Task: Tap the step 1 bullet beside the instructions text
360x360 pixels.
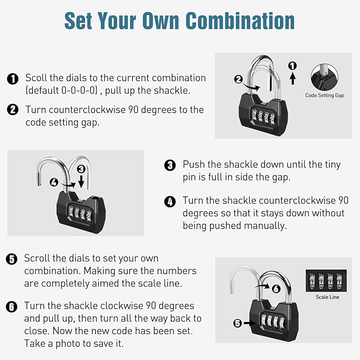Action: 13,78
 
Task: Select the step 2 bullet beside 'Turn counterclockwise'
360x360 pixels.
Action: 13,110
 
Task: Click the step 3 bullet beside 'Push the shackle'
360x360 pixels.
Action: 170,165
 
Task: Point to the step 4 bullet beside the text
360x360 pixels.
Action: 170,201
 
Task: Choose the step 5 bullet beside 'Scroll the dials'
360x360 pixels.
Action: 12,259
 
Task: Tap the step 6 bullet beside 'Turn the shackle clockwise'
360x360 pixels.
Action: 12,306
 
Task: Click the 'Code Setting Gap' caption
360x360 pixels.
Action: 324,96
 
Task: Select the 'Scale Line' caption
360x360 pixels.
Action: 327,297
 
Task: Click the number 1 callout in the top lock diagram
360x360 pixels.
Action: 292,66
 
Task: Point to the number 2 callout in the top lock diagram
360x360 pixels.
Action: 239,81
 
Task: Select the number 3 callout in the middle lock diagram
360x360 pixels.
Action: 81,169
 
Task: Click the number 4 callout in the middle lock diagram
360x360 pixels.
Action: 54,182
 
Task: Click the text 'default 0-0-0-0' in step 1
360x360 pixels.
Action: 62,91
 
